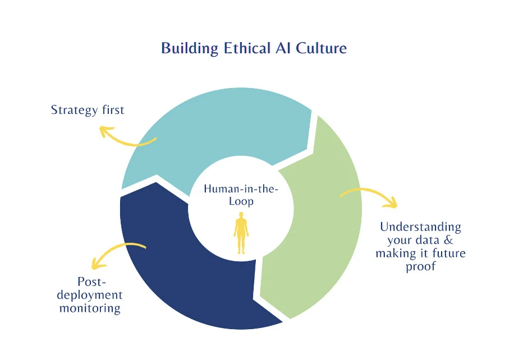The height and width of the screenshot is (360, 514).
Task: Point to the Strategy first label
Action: click(x=87, y=109)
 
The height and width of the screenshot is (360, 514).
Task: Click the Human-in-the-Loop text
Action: click(x=241, y=195)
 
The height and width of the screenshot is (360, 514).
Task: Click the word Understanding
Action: click(x=420, y=227)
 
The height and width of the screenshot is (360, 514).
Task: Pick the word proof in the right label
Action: click(x=420, y=266)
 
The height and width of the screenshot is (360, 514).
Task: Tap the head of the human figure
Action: click(x=241, y=215)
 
